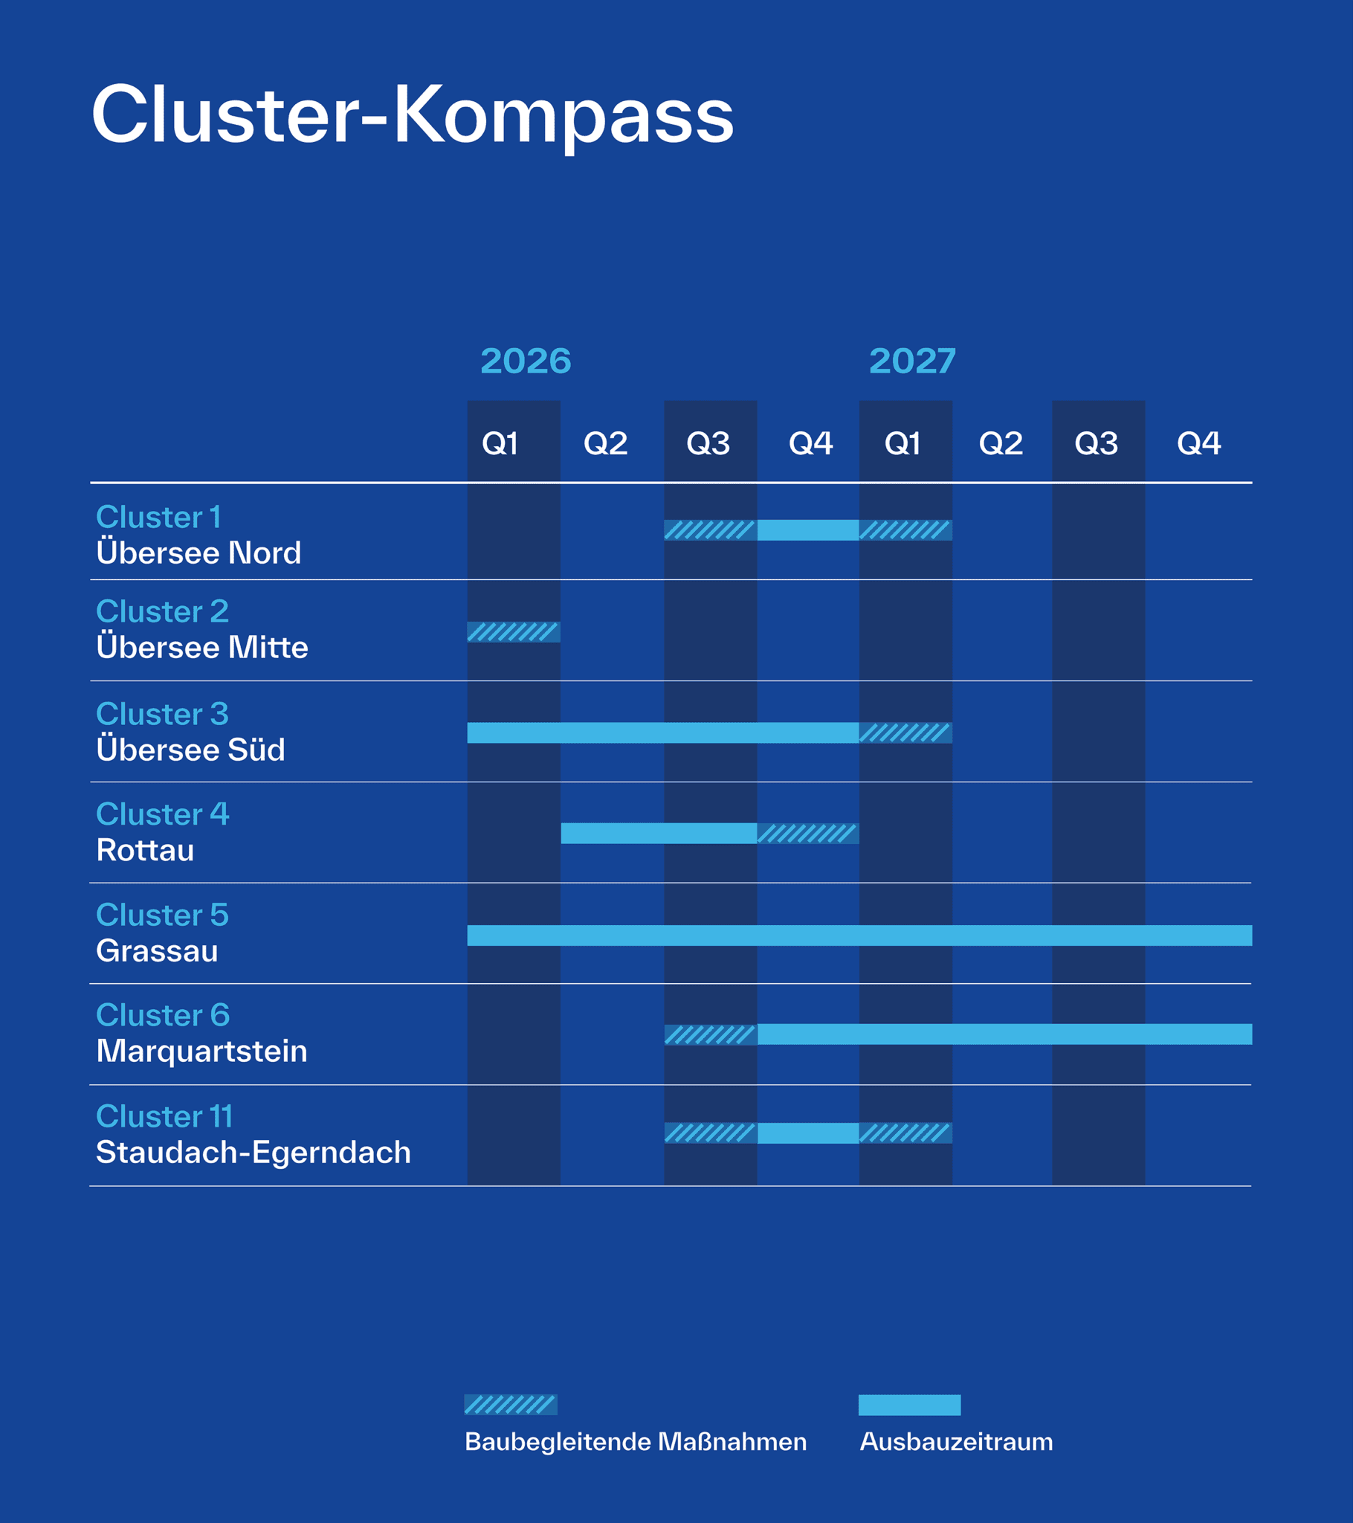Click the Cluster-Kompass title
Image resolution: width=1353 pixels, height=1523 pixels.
click(x=412, y=115)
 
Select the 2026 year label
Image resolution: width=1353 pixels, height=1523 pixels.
click(x=526, y=361)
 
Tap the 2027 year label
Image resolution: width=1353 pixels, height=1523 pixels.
click(x=912, y=361)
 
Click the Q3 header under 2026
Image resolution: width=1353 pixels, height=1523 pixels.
click(x=708, y=443)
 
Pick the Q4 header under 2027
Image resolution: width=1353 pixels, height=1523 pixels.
click(x=1198, y=443)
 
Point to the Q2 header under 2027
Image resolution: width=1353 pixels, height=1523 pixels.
click(x=1001, y=443)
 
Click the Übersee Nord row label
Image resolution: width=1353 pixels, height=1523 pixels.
click(x=199, y=553)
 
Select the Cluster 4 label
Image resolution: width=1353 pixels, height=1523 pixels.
click(x=162, y=814)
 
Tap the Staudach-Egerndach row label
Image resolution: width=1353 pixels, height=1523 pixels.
click(x=254, y=1152)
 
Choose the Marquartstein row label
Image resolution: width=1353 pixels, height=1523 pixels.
click(x=202, y=1051)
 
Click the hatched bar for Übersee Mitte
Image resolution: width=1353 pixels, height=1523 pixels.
click(x=514, y=632)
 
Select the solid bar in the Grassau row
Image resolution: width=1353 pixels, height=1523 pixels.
click(x=859, y=935)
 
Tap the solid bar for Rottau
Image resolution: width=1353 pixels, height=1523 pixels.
click(x=659, y=833)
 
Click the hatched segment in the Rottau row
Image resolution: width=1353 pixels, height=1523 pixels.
click(x=807, y=833)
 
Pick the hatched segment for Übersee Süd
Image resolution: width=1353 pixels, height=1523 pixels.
click(x=905, y=732)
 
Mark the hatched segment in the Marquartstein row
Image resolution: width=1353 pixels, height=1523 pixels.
click(x=710, y=1034)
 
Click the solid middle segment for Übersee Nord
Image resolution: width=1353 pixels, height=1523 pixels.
click(x=807, y=529)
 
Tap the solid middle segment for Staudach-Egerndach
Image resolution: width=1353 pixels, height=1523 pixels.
click(x=807, y=1133)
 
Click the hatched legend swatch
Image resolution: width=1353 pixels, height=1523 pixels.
click(x=511, y=1405)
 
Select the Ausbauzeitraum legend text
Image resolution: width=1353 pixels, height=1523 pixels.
click(x=956, y=1442)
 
